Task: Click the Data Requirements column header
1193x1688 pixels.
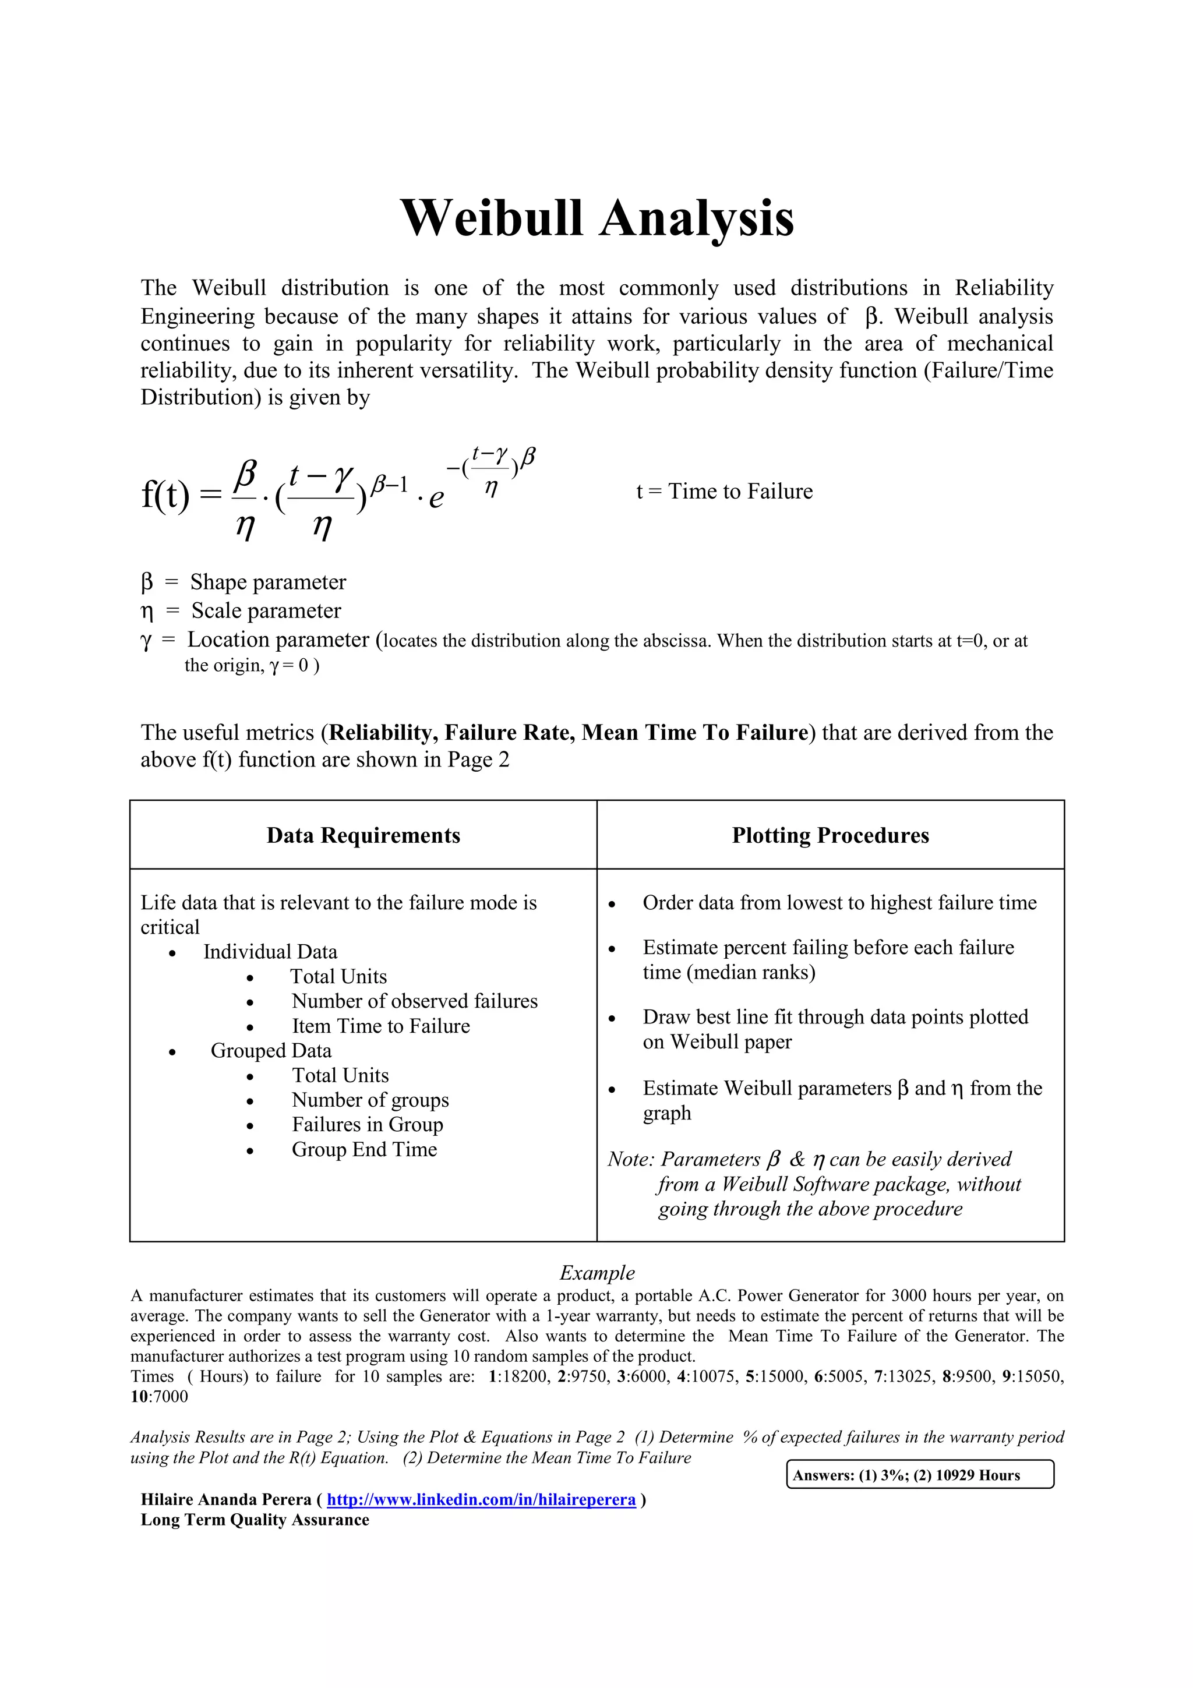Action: pyautogui.click(x=363, y=835)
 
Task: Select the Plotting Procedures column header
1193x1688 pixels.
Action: pyautogui.click(x=830, y=835)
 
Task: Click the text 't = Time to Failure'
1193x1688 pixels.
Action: pyautogui.click(x=724, y=491)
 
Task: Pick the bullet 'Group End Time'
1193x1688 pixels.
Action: pyautogui.click(x=364, y=1149)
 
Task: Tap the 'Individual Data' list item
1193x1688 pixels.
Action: pyautogui.click(x=270, y=952)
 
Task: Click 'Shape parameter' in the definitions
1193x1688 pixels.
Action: pyautogui.click(x=267, y=582)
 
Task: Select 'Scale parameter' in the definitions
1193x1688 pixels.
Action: pyautogui.click(x=266, y=611)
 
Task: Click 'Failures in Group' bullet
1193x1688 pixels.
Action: pyautogui.click(x=367, y=1124)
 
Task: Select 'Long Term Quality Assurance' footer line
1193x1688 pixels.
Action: pyautogui.click(x=255, y=1520)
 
